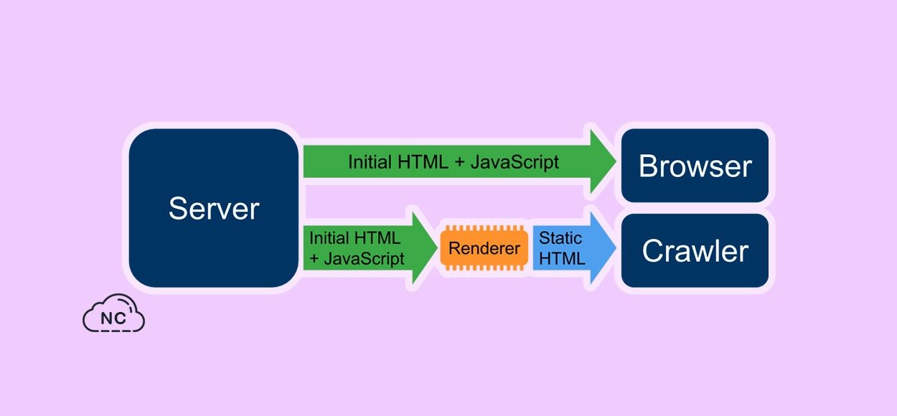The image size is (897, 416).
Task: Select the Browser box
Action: pyautogui.click(x=695, y=166)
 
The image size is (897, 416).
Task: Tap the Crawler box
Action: pyautogui.click(x=695, y=251)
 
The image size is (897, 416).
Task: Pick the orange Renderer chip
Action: pyautogui.click(x=484, y=249)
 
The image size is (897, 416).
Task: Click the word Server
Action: pyautogui.click(x=213, y=209)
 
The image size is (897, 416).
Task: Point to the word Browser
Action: pyautogui.click(x=695, y=166)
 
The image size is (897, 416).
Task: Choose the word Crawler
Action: pyautogui.click(x=695, y=251)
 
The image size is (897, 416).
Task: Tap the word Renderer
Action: pyautogui.click(x=484, y=249)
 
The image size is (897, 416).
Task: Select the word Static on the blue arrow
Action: pyautogui.click(x=560, y=238)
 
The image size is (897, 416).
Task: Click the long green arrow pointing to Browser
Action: pyautogui.click(x=452, y=162)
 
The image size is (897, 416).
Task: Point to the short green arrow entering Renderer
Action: pyautogui.click(x=366, y=248)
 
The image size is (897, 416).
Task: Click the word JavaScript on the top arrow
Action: pyautogui.click(x=514, y=162)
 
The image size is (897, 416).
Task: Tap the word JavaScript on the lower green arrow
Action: pyautogui.click(x=364, y=258)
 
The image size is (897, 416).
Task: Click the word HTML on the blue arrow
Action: pyautogui.click(x=562, y=258)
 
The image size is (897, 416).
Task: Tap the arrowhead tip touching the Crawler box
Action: pyautogui.click(x=615, y=248)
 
